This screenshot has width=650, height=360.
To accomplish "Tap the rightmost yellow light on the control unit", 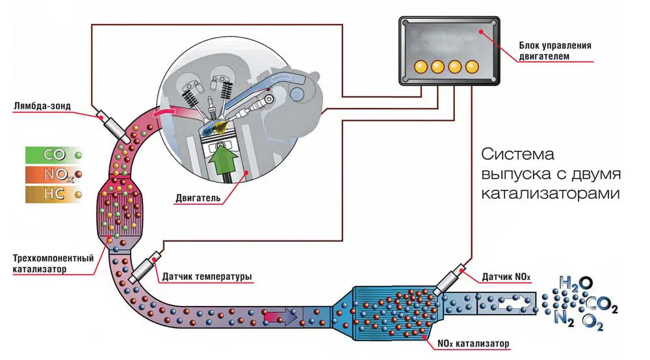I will pyautogui.click(x=473, y=66).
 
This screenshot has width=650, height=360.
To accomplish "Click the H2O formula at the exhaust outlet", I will pyautogui.click(x=576, y=283).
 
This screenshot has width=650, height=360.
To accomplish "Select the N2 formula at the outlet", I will pyautogui.click(x=565, y=318).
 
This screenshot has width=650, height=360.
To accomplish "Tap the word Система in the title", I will pyautogui.click(x=517, y=156).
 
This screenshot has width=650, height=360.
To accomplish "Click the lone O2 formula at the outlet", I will pyautogui.click(x=592, y=321).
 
